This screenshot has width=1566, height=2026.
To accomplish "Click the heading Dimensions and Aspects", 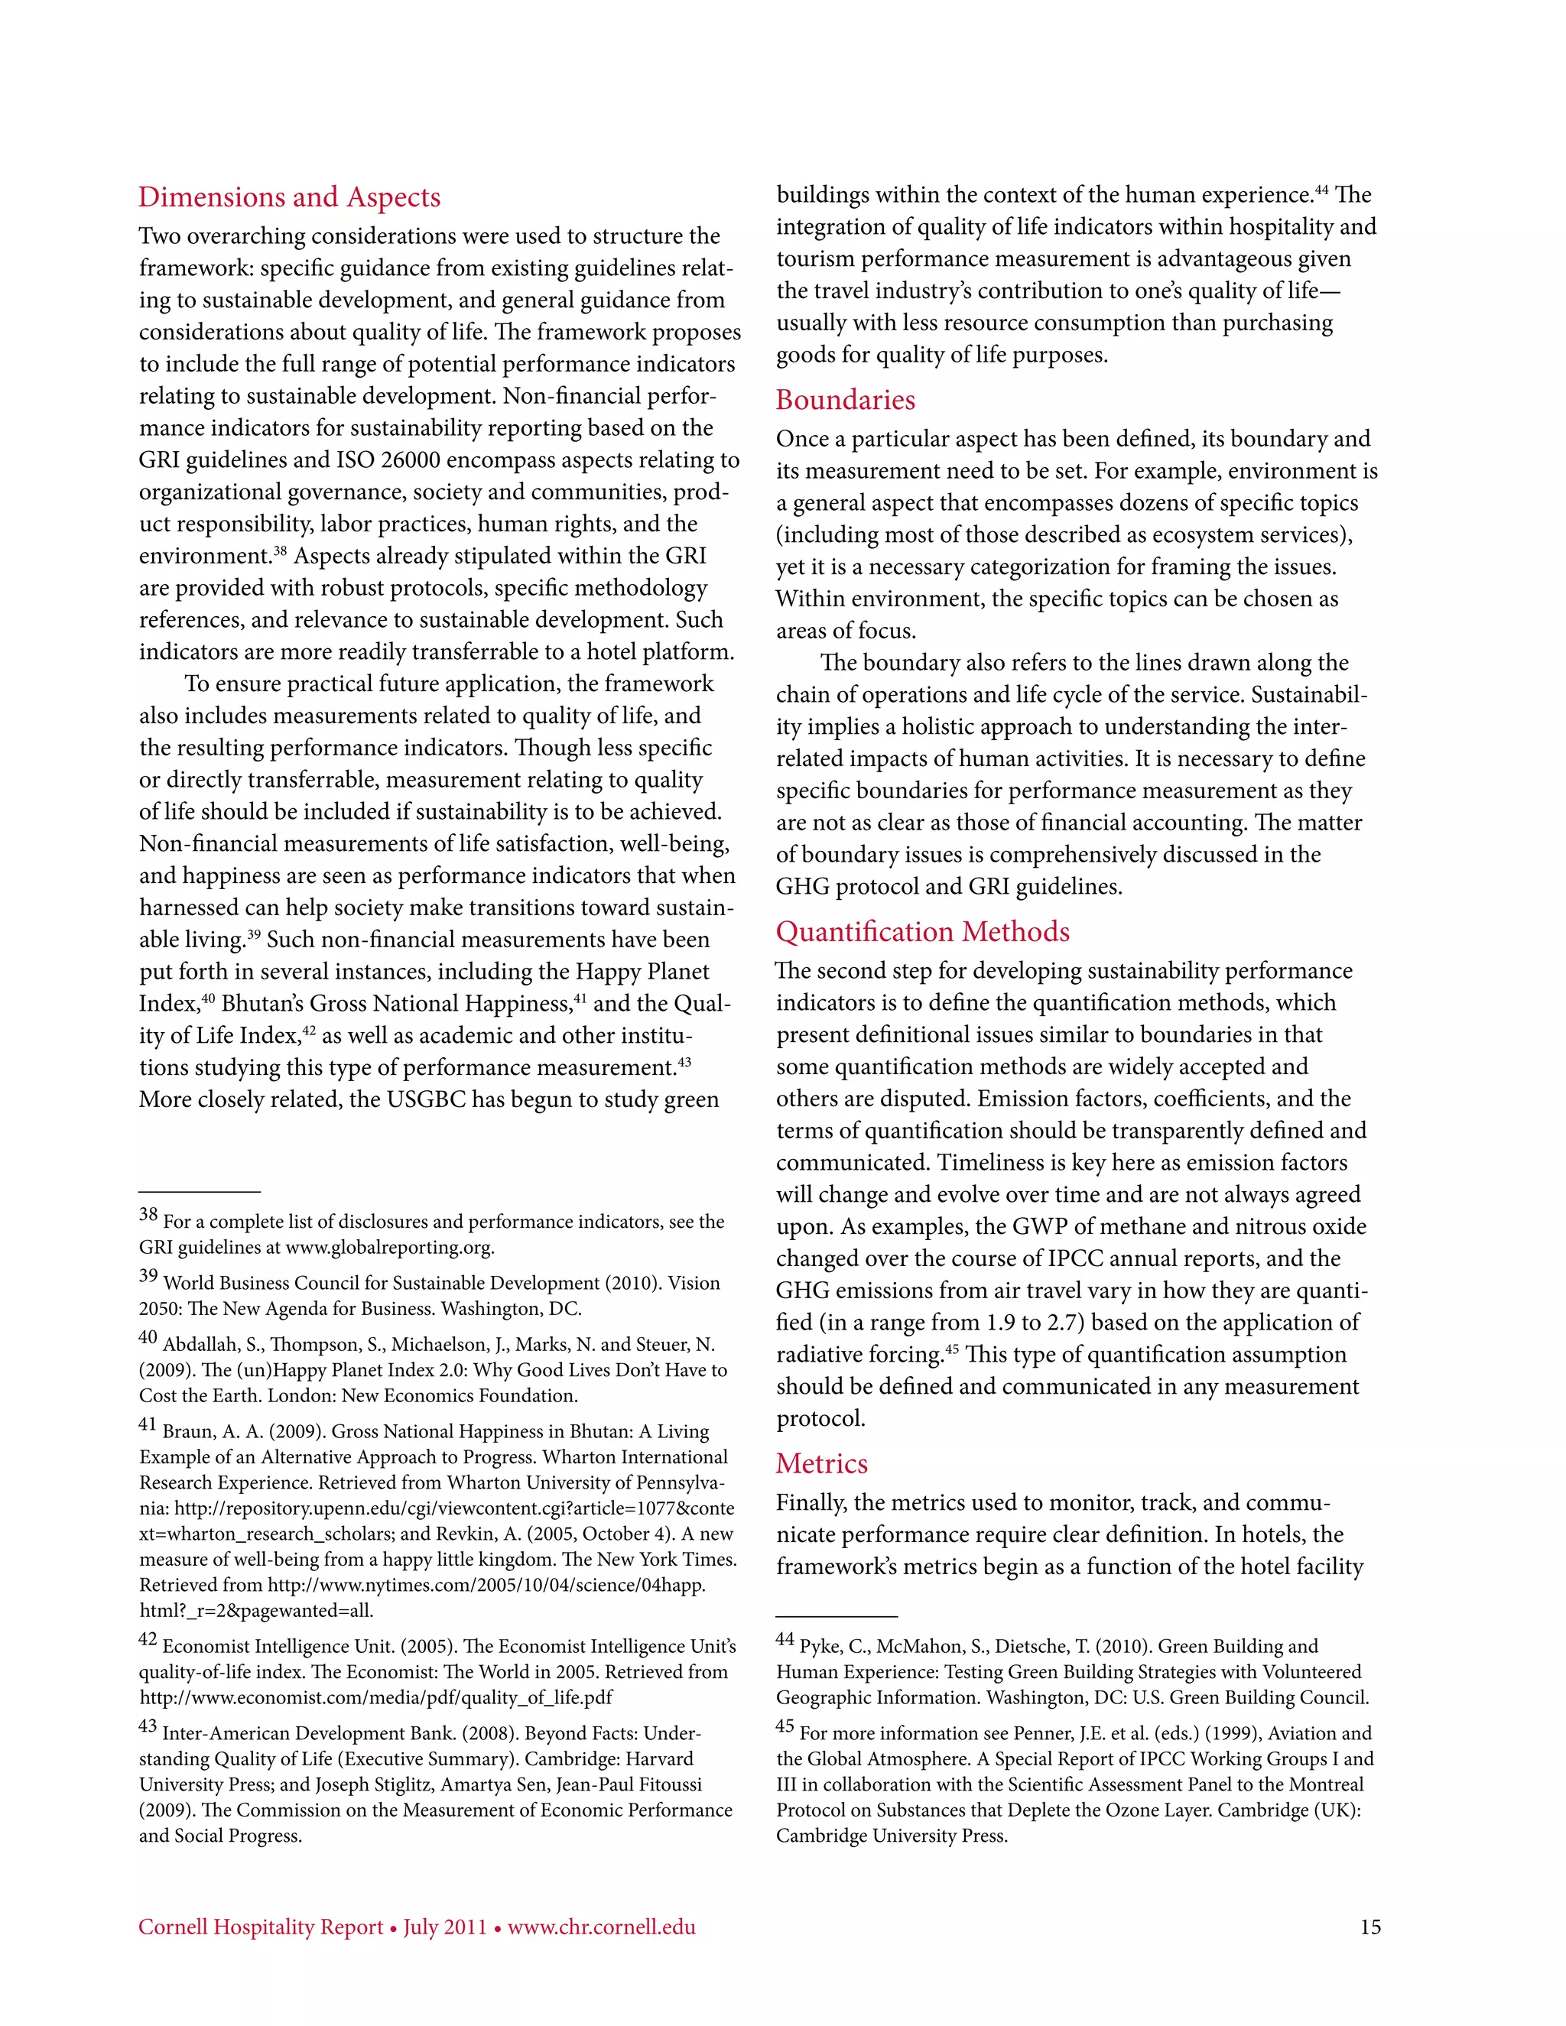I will click(290, 196).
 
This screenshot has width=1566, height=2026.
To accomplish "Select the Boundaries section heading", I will click(845, 400).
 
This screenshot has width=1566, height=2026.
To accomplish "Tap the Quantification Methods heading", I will click(922, 931).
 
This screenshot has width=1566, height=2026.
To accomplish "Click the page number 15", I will click(1369, 1927).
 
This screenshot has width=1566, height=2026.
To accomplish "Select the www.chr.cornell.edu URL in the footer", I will click(601, 1927).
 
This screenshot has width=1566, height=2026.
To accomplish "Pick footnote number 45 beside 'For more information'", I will click(785, 1726).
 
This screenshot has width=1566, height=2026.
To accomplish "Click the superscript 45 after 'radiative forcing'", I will click(951, 1349).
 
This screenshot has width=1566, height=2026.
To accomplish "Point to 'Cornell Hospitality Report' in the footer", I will click(261, 1927).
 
